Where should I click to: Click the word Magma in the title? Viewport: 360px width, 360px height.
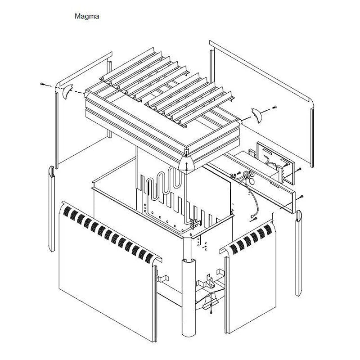point(87,16)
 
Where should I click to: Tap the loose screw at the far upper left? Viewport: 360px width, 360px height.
point(42,84)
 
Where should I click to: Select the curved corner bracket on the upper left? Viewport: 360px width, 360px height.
point(67,91)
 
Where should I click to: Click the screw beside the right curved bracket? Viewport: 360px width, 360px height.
point(274,107)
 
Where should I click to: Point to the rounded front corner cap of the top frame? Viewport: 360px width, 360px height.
point(186,163)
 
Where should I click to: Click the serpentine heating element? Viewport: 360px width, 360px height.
point(164,184)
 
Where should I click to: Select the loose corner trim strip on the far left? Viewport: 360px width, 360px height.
point(52,208)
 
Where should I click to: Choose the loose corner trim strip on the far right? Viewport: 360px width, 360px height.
point(299,253)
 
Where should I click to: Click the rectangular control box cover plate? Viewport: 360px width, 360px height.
point(275,163)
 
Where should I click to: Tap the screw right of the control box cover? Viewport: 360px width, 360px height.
point(299,169)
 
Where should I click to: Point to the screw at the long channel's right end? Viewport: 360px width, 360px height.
point(301,196)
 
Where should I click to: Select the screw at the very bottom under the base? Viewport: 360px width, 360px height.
point(211,311)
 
